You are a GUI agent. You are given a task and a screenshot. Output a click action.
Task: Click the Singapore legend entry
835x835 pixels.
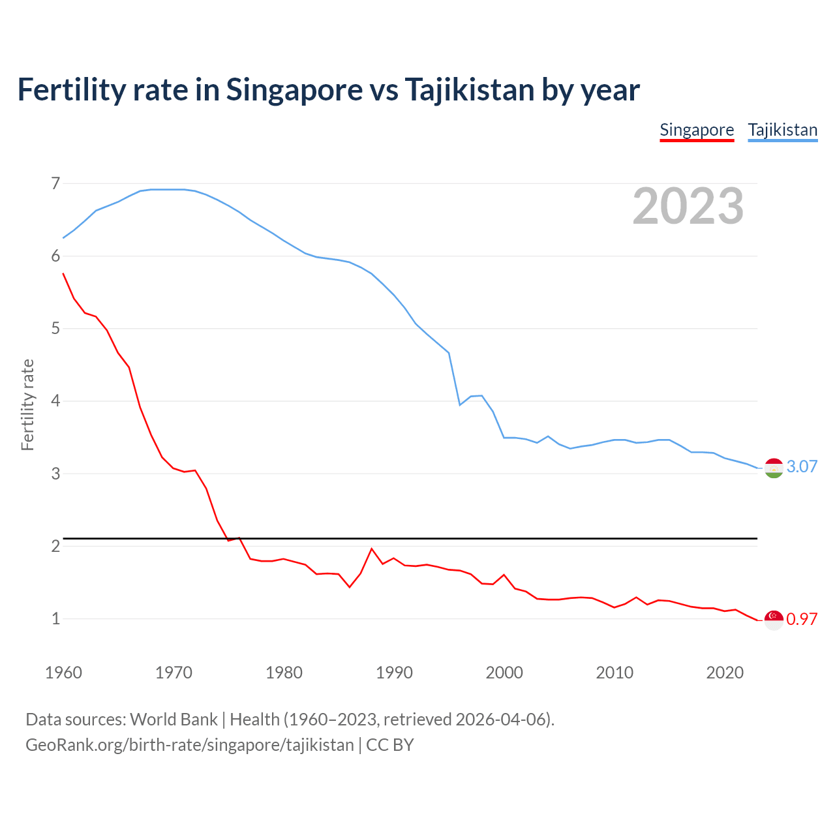(697, 130)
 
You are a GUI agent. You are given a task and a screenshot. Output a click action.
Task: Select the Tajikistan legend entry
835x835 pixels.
(782, 130)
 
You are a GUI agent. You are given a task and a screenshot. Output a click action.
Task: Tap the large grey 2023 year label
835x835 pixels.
(688, 206)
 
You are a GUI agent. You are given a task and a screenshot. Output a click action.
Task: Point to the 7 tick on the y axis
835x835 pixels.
(55, 183)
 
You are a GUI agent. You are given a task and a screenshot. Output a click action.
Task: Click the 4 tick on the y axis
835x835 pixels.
(55, 401)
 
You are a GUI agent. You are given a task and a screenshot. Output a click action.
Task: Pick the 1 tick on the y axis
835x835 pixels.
(55, 618)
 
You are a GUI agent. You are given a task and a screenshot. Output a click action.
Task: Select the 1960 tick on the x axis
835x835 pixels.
(63, 673)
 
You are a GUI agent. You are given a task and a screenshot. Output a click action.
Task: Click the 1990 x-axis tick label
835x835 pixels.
(394, 673)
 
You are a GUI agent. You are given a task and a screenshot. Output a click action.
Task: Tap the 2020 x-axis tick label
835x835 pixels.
(725, 673)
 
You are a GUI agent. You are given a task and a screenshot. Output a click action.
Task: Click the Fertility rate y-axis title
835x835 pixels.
(27, 404)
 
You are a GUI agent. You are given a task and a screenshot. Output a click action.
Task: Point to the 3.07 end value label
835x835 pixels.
(802, 466)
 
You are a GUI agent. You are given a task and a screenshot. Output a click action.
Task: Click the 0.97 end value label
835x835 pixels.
(802, 619)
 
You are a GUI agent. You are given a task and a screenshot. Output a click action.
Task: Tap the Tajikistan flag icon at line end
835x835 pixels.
(774, 468)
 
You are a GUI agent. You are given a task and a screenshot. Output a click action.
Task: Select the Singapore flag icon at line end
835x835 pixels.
(774, 620)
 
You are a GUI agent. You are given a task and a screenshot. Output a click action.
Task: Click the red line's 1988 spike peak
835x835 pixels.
(372, 549)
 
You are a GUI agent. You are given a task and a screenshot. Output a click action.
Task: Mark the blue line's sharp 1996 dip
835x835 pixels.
(460, 405)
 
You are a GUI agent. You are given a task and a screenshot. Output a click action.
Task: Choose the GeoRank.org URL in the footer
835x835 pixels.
(189, 744)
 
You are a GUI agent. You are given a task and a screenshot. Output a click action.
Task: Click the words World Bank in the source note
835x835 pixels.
(174, 720)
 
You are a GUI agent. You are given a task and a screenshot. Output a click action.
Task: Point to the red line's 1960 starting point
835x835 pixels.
(63, 274)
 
